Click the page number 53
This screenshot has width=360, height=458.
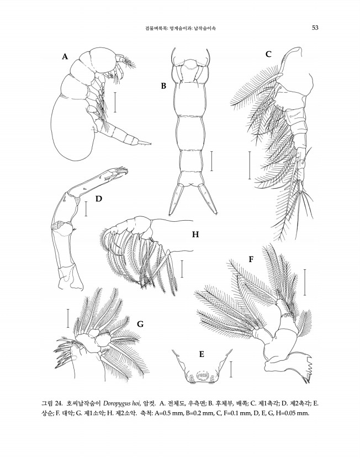pyautogui.click(x=316, y=28)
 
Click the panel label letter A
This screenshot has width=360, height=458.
pyautogui.click(x=65, y=56)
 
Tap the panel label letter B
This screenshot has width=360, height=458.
pyautogui.click(x=163, y=86)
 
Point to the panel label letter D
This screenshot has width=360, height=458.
pyautogui.click(x=99, y=199)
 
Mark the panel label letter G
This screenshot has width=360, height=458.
pyautogui.click(x=140, y=324)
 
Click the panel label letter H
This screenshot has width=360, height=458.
pyautogui.click(x=195, y=235)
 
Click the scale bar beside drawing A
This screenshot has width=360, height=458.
pyautogui.click(x=115, y=102)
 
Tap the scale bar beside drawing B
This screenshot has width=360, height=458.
pyautogui.click(x=211, y=160)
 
